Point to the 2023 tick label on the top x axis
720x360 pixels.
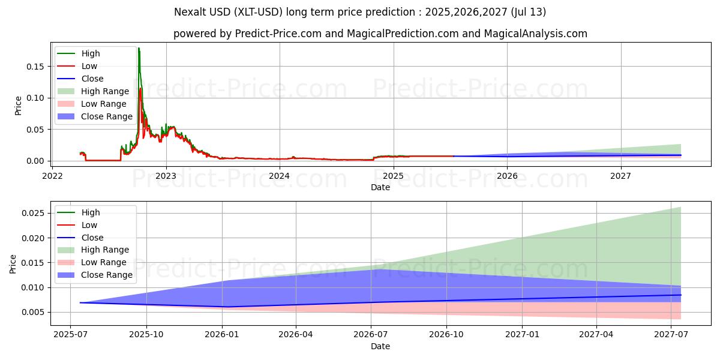click(166, 176)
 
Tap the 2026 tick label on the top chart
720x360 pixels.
click(507, 176)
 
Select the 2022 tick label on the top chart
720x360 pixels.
click(52, 176)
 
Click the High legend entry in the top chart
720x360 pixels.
click(91, 53)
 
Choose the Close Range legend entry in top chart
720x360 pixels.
click(106, 116)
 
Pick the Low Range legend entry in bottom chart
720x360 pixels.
click(104, 263)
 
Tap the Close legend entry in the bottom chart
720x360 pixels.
click(92, 238)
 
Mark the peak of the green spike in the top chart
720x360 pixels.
click(139, 48)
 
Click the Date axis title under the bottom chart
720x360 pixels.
click(380, 346)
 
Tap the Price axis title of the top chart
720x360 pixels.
click(18, 105)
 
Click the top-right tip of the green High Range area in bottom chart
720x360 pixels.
click(680, 208)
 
